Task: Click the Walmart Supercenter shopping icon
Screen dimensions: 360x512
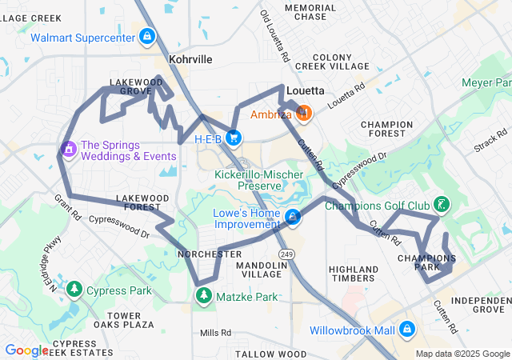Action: (146, 37)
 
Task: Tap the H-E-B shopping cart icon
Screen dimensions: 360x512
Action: (234, 138)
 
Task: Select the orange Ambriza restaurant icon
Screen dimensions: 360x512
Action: (302, 114)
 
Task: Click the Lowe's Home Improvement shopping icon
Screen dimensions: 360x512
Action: (294, 218)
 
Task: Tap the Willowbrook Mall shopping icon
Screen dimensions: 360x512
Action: (407, 329)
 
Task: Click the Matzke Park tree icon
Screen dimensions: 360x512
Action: (205, 296)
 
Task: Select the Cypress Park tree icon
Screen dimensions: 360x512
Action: (74, 289)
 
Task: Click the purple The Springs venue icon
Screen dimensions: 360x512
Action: (68, 149)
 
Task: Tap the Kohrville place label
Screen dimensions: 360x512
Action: (190, 60)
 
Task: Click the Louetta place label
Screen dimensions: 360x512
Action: (305, 91)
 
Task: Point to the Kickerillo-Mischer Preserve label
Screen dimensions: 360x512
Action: (248, 180)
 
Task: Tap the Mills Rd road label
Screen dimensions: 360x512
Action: (214, 333)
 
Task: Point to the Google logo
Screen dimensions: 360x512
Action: (27, 350)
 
